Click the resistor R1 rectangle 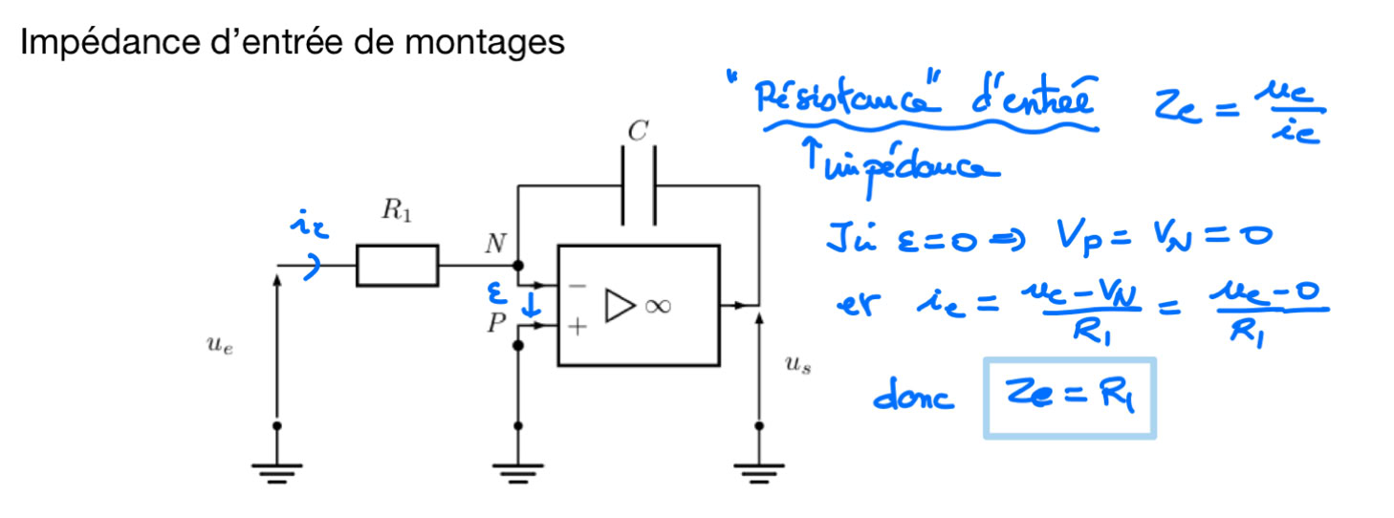pyautogui.click(x=397, y=266)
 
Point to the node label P pyautogui.click(x=496, y=323)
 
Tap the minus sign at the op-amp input pyautogui.click(x=577, y=285)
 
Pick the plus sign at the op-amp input pyautogui.click(x=577, y=326)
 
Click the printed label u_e pyautogui.click(x=219, y=348)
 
